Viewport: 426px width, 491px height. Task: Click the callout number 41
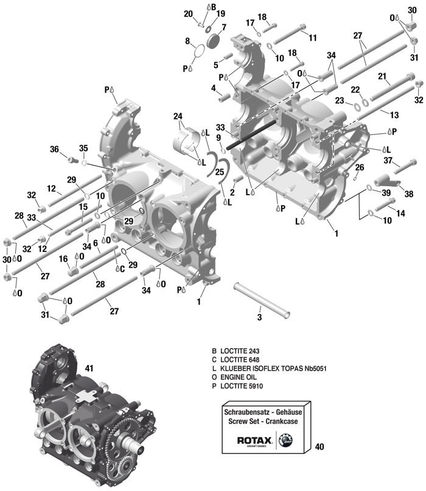(x=89, y=368)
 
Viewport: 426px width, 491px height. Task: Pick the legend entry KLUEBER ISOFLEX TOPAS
(x=268, y=369)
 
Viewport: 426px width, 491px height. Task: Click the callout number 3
(x=259, y=317)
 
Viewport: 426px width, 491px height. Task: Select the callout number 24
(x=178, y=116)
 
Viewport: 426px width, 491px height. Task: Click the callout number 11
(x=312, y=38)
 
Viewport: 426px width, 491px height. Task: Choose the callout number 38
(x=408, y=193)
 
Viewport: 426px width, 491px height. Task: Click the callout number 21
(x=382, y=77)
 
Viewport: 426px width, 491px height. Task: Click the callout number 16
(x=63, y=259)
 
